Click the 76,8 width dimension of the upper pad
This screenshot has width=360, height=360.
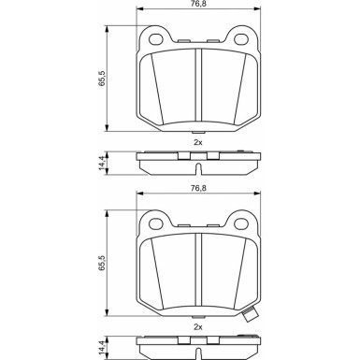tap(198, 7)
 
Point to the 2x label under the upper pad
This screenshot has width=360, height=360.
tap(198, 143)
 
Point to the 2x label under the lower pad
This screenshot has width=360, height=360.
tap(198, 328)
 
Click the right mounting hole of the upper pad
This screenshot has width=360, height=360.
tap(242, 39)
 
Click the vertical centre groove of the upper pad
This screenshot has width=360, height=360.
tap(198, 89)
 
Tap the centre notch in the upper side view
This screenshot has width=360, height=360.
tap(198, 168)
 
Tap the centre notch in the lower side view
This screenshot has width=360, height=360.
tap(198, 353)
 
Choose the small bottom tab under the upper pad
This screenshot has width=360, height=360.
tap(198, 132)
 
